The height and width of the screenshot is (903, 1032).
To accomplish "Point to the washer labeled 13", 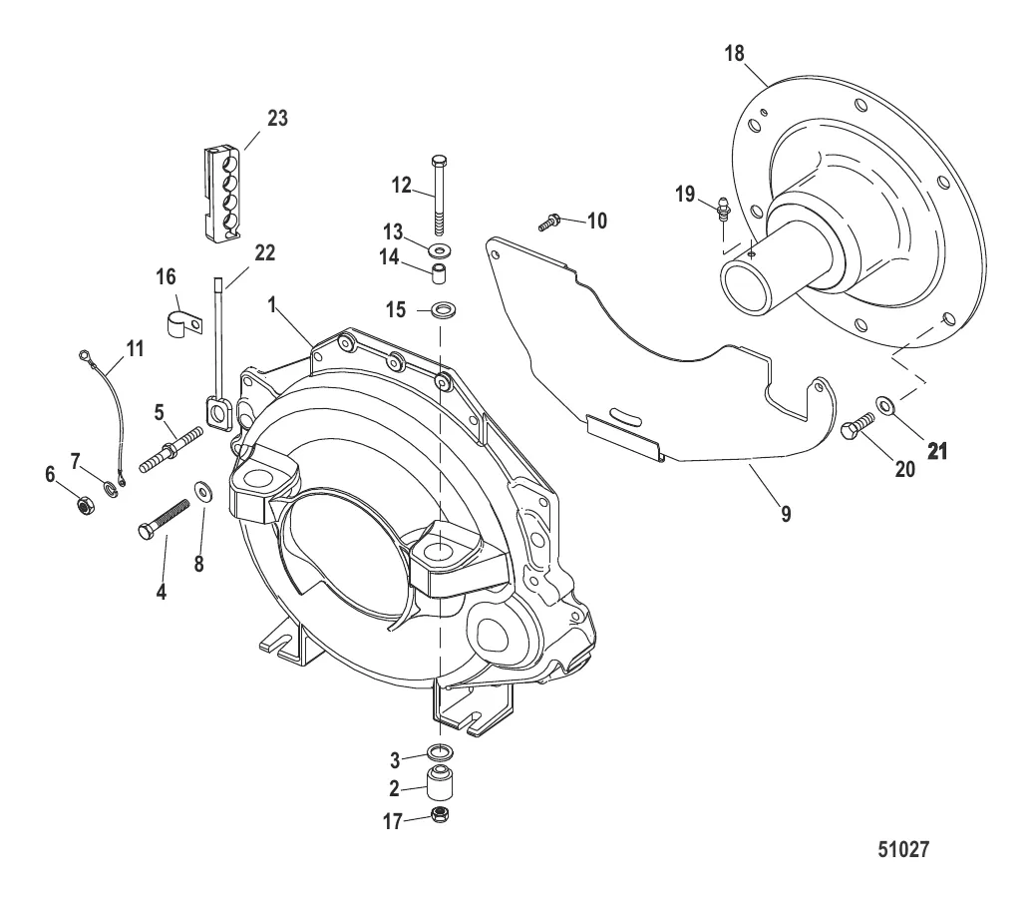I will click(x=440, y=246).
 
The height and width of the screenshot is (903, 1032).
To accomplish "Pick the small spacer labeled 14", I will click(x=440, y=271).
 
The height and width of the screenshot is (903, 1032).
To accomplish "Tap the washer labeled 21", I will click(x=882, y=404).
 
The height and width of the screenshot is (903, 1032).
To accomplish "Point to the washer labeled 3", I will click(x=440, y=751).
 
